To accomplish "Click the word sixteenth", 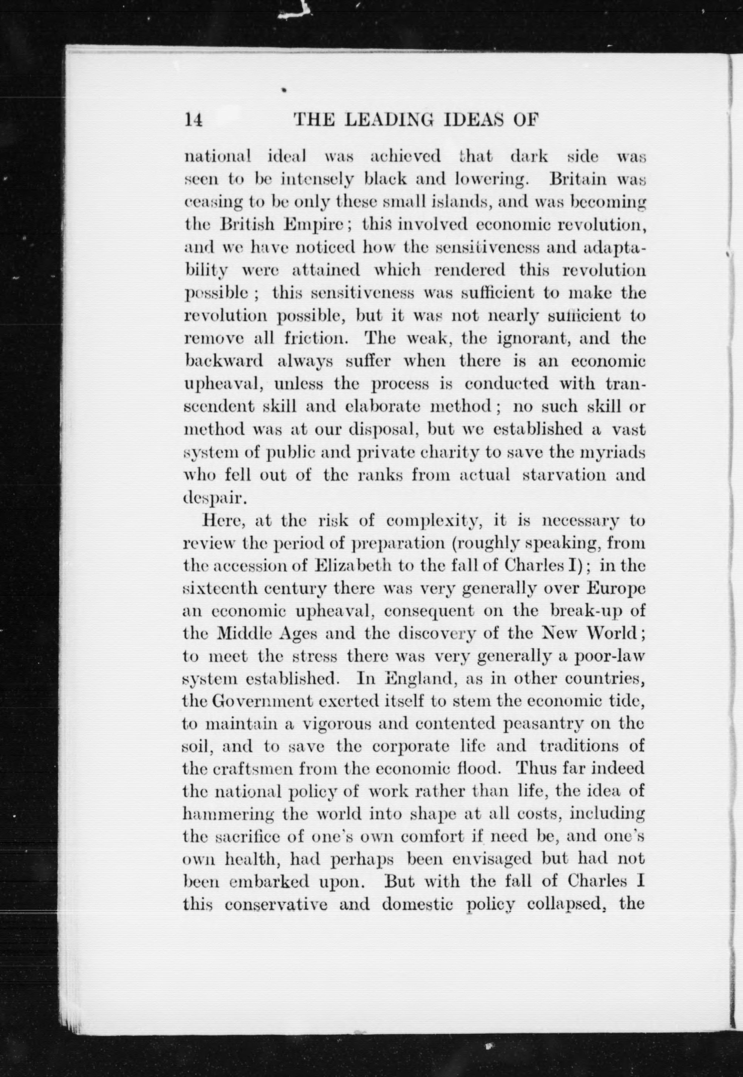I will pyautogui.click(x=220, y=588).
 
